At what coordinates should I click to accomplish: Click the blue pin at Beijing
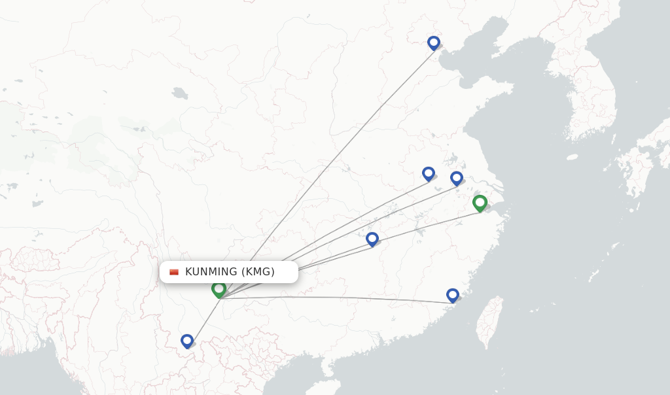pyautogui.click(x=433, y=43)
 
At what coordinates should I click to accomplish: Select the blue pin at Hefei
pyautogui.click(x=429, y=173)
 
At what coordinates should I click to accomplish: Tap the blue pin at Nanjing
pyautogui.click(x=457, y=178)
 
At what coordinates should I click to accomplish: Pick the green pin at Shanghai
pyautogui.click(x=480, y=203)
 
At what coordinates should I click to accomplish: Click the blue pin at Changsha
pyautogui.click(x=372, y=239)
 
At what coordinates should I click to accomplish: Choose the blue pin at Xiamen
pyautogui.click(x=452, y=295)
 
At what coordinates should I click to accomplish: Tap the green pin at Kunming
pyautogui.click(x=219, y=289)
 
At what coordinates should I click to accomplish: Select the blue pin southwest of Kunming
pyautogui.click(x=187, y=341)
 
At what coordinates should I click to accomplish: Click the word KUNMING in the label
pyautogui.click(x=211, y=271)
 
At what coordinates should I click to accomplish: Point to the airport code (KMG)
pyautogui.click(x=258, y=271)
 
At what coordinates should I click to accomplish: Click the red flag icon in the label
pyautogui.click(x=174, y=272)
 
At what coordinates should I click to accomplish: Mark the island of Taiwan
pyautogui.click(x=489, y=322)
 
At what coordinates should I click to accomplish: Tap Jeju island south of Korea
pyautogui.click(x=572, y=157)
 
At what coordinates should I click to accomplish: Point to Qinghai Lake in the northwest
pyautogui.click(x=180, y=93)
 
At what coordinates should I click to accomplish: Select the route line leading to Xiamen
pyautogui.click(x=340, y=298)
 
